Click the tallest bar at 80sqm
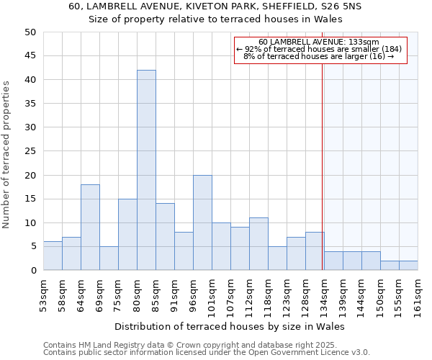point(146,170)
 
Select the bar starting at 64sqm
point(90,227)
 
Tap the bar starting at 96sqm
point(202,222)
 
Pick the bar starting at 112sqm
point(258,244)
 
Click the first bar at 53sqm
point(53,256)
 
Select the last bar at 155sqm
point(408,265)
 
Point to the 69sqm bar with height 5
point(109,258)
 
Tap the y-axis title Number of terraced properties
point(6,155)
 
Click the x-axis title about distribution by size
point(230,326)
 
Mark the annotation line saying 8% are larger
point(319,56)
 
